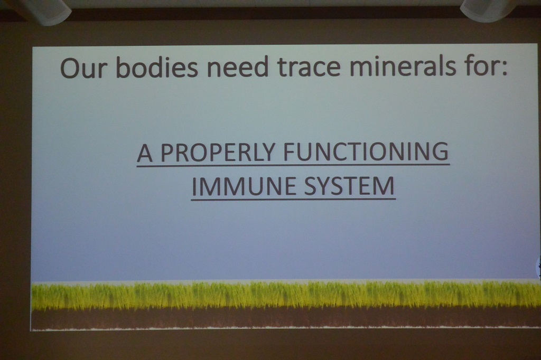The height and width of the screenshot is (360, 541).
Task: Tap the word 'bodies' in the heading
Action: [x=157, y=66]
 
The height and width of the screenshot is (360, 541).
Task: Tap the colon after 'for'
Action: [x=505, y=69]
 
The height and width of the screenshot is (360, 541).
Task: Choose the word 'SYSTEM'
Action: [x=350, y=186]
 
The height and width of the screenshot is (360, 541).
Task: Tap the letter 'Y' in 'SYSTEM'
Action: [x=330, y=186]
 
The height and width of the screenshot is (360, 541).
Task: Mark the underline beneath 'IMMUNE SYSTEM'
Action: [x=293, y=199]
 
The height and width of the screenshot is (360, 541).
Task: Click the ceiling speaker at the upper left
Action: [x=45, y=11]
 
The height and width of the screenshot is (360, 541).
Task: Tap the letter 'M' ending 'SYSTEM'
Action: [x=385, y=186]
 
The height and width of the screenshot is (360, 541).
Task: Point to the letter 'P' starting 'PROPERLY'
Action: [x=167, y=153]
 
